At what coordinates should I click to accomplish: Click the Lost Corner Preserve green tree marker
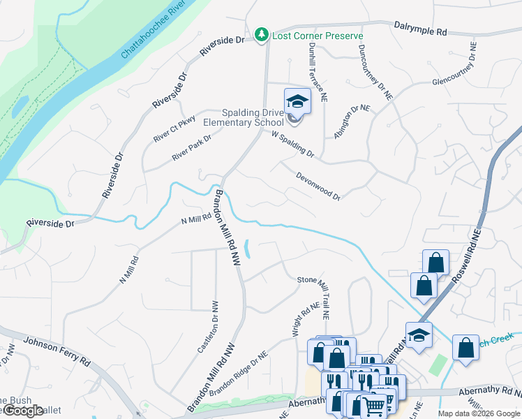tap(262, 35)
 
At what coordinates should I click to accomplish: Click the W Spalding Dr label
tap(292, 144)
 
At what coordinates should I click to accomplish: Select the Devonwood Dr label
tap(318, 186)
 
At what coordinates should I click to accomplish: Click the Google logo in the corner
tap(22, 411)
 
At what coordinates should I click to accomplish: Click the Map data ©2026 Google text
tap(478, 413)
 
